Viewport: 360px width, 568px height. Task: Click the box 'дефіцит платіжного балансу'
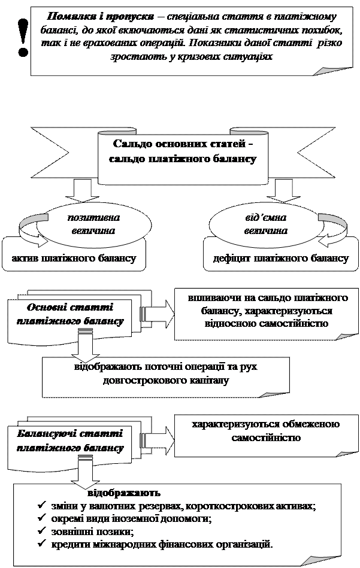281,259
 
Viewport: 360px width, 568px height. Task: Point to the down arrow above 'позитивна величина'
78,191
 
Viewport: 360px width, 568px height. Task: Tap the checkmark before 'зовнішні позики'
42,531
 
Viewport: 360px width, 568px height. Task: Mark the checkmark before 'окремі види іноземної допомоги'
42,518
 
